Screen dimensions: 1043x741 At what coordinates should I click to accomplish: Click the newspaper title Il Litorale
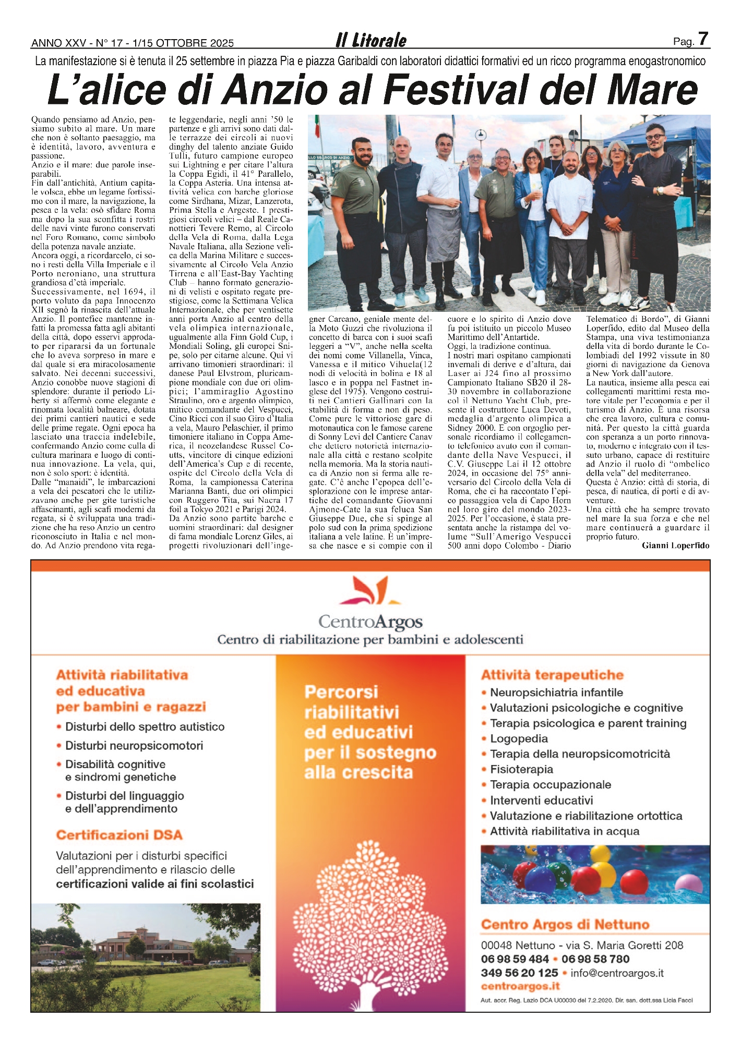point(370,40)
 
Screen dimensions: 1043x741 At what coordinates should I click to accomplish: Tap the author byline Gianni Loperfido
point(675,545)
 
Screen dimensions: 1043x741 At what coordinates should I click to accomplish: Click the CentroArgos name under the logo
point(370,622)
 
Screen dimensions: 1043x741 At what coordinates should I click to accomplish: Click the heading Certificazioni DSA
point(119,835)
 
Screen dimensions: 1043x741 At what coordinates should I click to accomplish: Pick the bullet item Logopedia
point(519,738)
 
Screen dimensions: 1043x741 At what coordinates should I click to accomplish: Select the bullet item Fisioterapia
point(521,769)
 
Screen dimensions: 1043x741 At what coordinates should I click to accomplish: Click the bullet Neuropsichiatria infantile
point(556,693)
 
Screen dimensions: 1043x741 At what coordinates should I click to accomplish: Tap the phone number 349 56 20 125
point(519,973)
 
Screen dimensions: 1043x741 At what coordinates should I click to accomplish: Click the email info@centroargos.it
point(617,973)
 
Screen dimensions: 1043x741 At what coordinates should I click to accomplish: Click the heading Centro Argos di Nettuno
point(565,925)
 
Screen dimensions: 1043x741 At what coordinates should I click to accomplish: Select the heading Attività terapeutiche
point(552,675)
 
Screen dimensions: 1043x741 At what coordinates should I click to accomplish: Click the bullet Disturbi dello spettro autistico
point(145,726)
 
